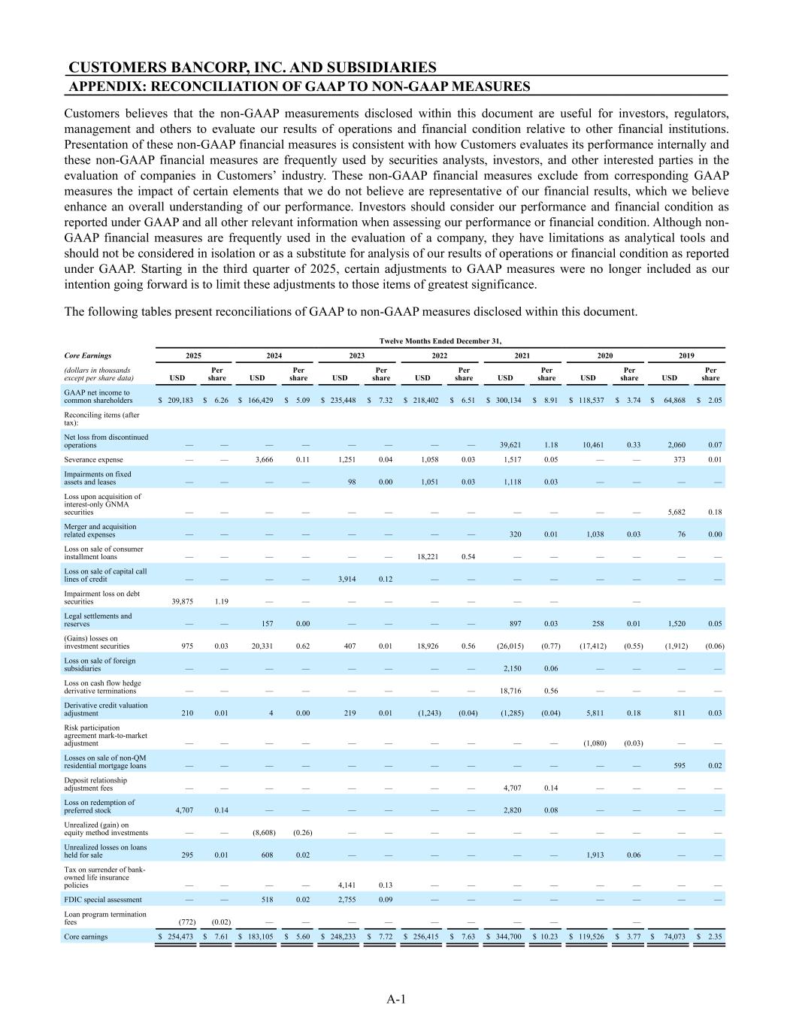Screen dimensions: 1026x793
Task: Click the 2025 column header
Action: [x=193, y=356]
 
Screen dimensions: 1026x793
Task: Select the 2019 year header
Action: [x=688, y=356]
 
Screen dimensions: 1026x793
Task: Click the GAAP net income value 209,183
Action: [x=177, y=401]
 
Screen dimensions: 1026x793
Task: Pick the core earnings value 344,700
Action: [x=509, y=937]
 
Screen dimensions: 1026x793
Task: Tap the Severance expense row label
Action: [x=94, y=459]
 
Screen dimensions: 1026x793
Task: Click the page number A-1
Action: [x=396, y=999]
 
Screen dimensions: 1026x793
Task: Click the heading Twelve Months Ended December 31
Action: [x=440, y=340]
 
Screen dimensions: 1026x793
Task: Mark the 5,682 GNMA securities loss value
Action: [x=677, y=512]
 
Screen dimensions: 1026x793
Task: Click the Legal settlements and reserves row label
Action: [x=97, y=619]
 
